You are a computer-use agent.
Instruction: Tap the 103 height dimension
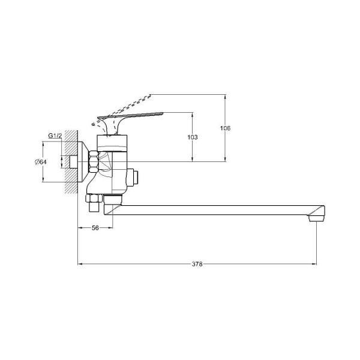coord(193,137)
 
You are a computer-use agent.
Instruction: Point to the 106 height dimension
coord(226,128)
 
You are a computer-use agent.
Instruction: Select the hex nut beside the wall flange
coord(94,163)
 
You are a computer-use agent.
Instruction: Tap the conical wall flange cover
coord(83,162)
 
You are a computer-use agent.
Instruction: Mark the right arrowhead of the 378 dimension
coord(314,263)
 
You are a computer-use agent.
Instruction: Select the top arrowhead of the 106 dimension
coord(226,96)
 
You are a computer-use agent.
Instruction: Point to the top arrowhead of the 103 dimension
coord(193,113)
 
